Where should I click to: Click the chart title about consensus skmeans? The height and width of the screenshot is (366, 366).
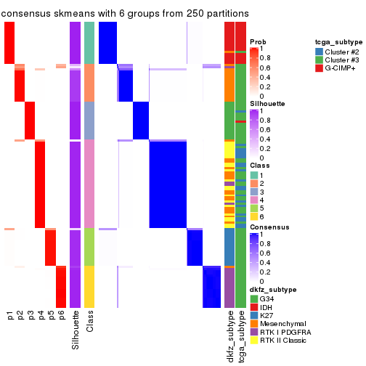tap(125, 14)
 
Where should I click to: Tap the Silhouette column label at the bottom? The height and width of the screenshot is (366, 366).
tap(76, 330)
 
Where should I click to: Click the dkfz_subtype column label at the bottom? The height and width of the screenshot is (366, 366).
tap(229, 338)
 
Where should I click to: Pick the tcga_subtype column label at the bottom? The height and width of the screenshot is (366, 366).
tap(240, 338)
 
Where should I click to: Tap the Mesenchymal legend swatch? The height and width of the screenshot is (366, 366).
tap(253, 323)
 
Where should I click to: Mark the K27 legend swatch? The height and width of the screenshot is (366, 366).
tap(253, 314)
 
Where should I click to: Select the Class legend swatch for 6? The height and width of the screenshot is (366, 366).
tap(253, 216)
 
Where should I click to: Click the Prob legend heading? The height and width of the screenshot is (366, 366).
tap(257, 41)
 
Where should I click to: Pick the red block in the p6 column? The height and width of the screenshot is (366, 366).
tap(61, 287)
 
